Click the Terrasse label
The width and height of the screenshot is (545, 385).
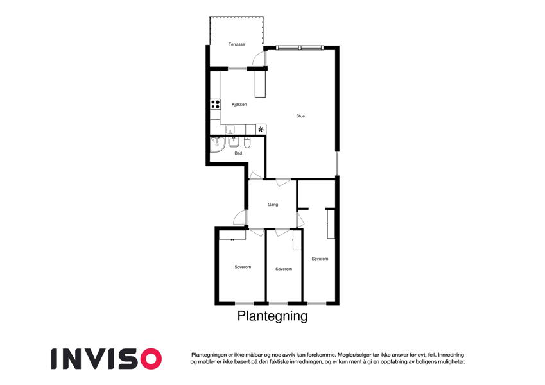coord(237,44)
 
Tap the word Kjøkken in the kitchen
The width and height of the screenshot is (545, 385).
coord(239,104)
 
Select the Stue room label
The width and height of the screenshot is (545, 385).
coord(300,116)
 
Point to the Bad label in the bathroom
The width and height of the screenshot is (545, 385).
coord(238,153)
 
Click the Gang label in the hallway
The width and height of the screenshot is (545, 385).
coord(273,205)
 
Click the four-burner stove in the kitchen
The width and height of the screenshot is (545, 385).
coord(216,104)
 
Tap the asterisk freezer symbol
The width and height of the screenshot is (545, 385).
coord(261,130)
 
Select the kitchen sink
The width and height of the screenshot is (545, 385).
coord(230,130)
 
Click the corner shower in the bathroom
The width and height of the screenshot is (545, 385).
coord(217,144)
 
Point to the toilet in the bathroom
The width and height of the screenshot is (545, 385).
coord(247,142)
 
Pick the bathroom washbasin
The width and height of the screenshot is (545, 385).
coord(234,142)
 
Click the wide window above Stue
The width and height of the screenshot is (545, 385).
coord(300,47)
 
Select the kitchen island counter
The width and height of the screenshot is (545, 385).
coord(260,84)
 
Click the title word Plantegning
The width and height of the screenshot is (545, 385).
coord(272,316)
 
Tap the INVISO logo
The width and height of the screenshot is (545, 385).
coord(107,359)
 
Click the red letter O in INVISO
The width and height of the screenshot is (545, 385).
coord(151,359)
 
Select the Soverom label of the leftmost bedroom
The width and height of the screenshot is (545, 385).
coord(243,267)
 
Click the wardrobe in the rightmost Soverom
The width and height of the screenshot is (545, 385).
coord(331,223)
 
